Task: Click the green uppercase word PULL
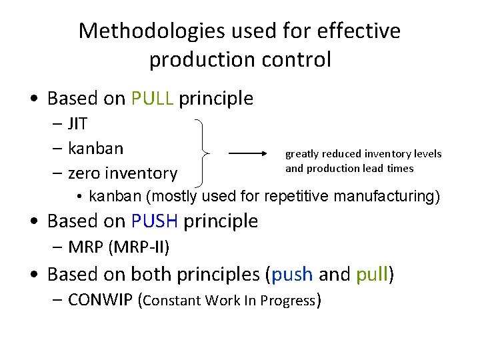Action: [153, 99]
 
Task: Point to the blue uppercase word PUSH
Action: [155, 221]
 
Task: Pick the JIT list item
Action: [78, 124]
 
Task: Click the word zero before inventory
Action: [85, 173]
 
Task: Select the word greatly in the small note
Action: [303, 154]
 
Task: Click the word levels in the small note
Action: [427, 154]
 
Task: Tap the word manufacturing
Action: [383, 197]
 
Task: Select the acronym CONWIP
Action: [100, 300]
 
